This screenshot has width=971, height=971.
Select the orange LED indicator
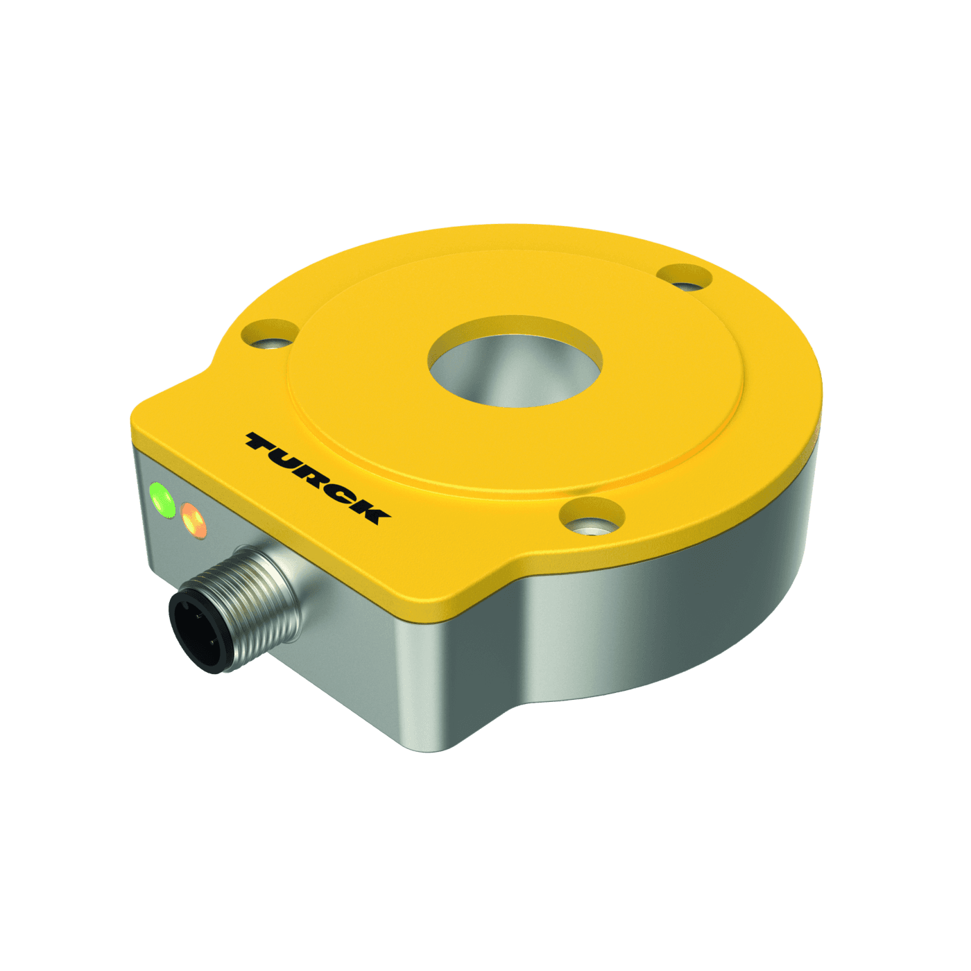(194, 521)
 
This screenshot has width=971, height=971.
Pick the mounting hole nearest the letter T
(270, 336)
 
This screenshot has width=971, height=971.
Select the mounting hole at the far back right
(684, 278)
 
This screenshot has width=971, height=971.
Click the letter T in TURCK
(264, 444)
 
